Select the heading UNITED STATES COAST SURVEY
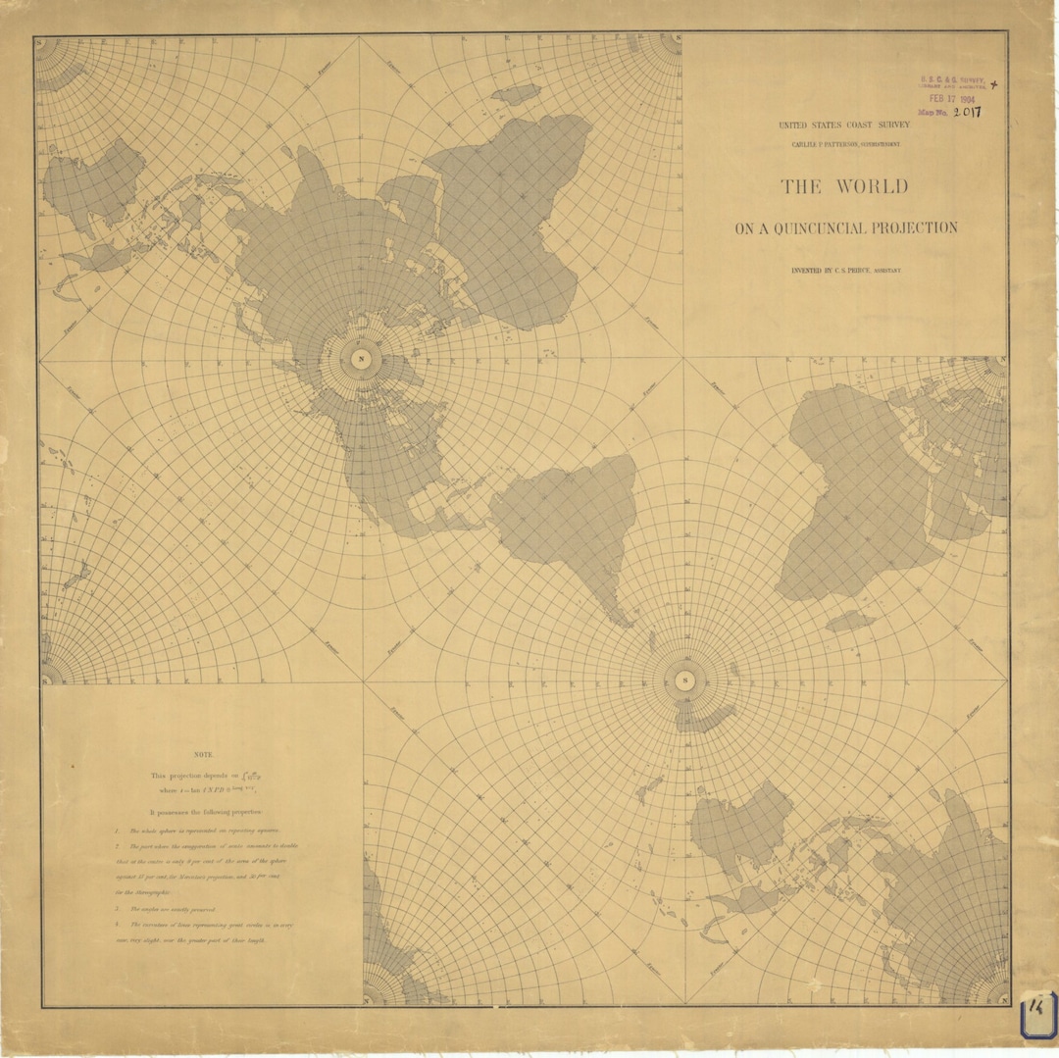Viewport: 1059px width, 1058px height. [x=844, y=126]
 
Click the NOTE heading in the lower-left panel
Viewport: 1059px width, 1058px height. [x=203, y=754]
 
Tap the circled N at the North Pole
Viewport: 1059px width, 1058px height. [x=361, y=358]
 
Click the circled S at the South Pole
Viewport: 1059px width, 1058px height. [x=684, y=680]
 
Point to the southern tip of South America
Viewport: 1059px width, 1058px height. [x=625, y=620]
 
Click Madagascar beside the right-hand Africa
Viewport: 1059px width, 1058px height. [x=849, y=621]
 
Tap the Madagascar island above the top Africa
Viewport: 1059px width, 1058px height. [x=516, y=94]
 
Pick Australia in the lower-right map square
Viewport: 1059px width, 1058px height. [x=742, y=830]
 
